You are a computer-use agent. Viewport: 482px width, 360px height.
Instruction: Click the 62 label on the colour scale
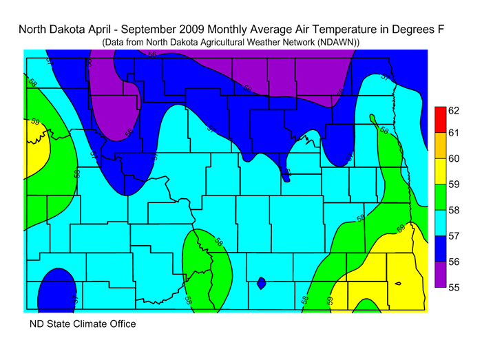click(454, 110)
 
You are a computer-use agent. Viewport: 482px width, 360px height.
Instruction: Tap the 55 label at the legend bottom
click(454, 288)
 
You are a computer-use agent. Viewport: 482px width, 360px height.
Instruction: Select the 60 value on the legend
click(454, 159)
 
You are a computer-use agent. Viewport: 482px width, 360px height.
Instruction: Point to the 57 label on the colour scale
click(454, 236)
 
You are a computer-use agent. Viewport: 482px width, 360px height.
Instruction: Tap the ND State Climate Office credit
click(82, 324)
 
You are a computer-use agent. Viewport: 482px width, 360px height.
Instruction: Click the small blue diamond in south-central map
click(261, 282)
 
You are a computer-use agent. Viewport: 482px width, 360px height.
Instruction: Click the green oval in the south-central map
click(207, 265)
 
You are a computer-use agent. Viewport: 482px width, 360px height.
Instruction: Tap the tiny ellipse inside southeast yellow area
click(399, 283)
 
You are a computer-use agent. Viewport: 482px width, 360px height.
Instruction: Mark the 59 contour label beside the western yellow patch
click(34, 123)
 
